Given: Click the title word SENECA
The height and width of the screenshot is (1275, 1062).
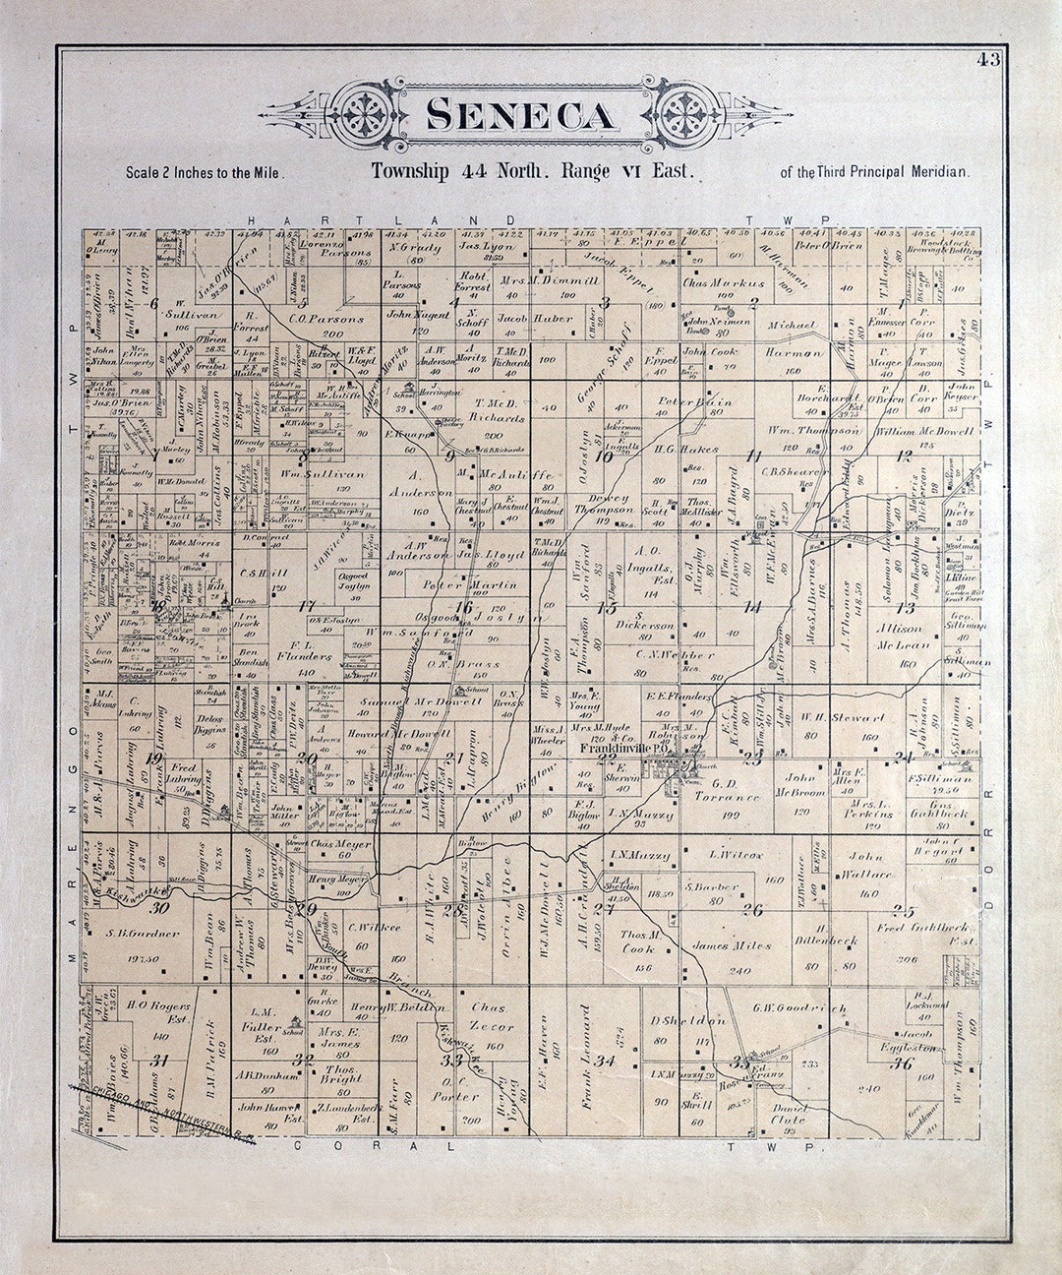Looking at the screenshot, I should (523, 115).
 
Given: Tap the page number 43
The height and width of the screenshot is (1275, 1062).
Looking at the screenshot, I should (988, 59).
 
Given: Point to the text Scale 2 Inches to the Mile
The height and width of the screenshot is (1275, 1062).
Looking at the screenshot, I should (205, 172).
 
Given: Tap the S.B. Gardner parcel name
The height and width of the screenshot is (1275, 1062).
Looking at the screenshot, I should (143, 933).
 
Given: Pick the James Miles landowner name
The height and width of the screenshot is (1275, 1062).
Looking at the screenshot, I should (731, 945).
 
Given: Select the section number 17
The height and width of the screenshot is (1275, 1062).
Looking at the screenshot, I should (307, 606).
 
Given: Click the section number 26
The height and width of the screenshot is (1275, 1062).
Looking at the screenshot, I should (752, 909).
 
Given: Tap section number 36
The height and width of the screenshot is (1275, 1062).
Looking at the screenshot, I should (901, 1063).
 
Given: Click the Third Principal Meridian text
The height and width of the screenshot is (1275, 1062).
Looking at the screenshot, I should (874, 172).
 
